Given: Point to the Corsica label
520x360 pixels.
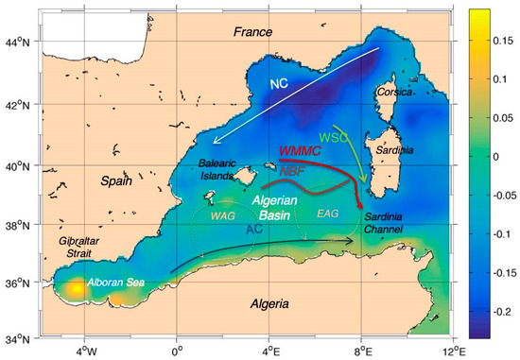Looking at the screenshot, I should pyautogui.click(x=393, y=93).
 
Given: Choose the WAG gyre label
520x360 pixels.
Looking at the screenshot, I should pyautogui.click(x=222, y=216).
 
